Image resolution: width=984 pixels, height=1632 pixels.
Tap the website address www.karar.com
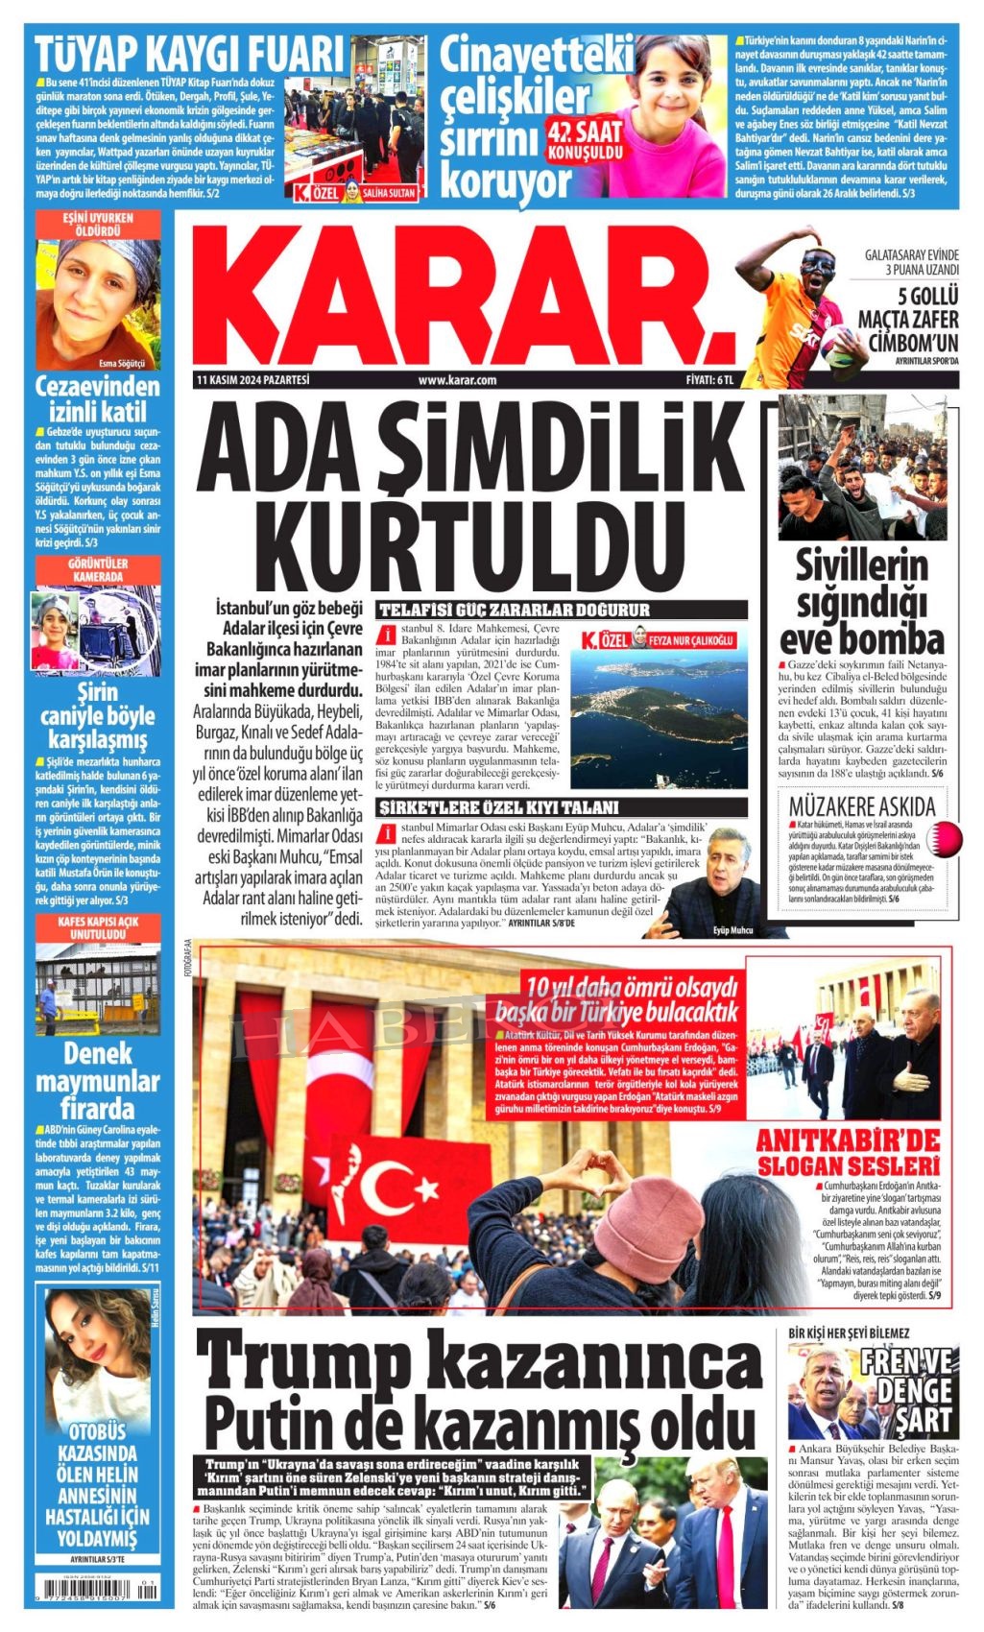tap(457, 380)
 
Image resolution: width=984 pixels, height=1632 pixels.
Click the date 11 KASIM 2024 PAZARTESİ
tap(252, 380)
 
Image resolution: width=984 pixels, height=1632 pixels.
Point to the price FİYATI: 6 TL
tap(708, 380)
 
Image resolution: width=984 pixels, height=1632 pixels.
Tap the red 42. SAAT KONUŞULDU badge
tap(585, 140)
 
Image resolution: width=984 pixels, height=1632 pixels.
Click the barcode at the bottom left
tap(95, 1594)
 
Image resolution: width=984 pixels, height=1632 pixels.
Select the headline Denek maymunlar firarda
tap(98, 1080)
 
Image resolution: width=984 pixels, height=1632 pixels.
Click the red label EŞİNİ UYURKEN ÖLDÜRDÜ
tap(98, 225)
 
